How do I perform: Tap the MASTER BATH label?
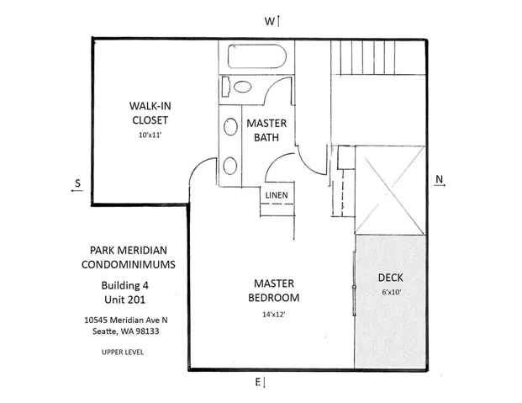click(x=266, y=130)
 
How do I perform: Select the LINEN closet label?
click(x=276, y=195)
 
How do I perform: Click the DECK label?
click(x=391, y=277)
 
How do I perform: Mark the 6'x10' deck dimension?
click(x=391, y=292)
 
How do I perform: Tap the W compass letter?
click(x=270, y=20)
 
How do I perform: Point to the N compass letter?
click(x=439, y=180)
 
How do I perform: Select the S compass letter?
click(x=76, y=183)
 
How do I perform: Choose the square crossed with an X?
click(x=389, y=190)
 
